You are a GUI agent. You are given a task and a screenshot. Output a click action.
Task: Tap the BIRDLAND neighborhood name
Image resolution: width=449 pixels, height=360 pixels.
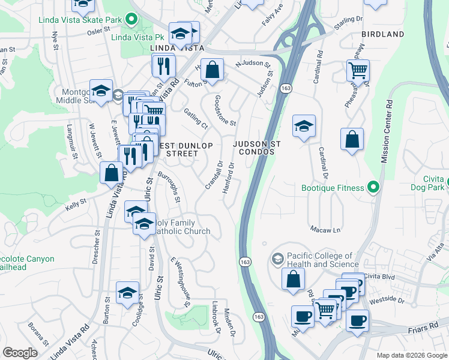[383, 34]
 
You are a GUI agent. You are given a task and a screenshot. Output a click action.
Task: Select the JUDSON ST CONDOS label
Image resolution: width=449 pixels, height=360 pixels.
[253, 148]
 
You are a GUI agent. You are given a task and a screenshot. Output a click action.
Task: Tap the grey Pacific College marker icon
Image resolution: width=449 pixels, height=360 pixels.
[277, 259]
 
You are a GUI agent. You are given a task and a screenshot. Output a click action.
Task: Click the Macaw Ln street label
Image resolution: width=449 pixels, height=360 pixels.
[325, 229]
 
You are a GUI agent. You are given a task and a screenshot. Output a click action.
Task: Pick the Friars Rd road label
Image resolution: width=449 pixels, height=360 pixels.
[425, 328]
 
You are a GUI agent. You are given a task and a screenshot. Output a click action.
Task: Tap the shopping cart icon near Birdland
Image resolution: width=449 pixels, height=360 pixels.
[358, 70]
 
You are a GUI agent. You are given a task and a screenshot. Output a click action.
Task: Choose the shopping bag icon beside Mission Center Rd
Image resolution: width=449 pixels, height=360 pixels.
[352, 139]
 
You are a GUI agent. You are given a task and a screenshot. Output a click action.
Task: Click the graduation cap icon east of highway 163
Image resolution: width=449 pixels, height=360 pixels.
[304, 126]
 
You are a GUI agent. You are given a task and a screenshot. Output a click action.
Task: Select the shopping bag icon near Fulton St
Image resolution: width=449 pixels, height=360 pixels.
[212, 70]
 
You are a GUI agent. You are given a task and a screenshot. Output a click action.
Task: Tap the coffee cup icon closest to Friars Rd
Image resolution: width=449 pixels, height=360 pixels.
[357, 320]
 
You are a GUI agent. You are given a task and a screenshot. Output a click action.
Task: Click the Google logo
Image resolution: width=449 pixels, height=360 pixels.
[20, 353]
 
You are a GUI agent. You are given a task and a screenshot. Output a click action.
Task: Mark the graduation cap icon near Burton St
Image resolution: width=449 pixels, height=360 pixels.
[127, 293]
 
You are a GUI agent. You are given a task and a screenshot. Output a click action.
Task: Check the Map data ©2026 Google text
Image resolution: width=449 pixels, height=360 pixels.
[411, 355]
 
